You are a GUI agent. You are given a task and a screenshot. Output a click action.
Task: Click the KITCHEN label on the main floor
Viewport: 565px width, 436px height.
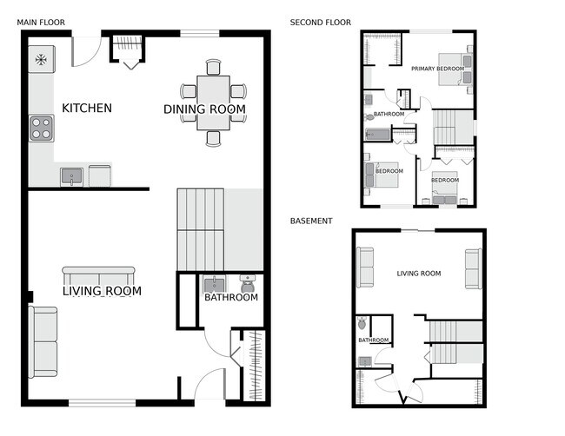point(86,109)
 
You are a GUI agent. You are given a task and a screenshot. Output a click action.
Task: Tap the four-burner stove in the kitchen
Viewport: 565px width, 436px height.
point(41,128)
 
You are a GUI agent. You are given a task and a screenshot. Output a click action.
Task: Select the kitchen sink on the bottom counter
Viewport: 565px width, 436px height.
point(72,177)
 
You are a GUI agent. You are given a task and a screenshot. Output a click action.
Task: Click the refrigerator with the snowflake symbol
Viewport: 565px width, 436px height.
point(40,60)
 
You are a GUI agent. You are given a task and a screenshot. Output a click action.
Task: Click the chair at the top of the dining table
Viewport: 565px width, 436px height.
point(213,66)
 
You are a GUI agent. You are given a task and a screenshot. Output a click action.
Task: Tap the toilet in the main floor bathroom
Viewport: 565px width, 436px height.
point(246,283)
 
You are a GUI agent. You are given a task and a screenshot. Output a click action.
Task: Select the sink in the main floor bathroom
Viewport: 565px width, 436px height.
point(213,285)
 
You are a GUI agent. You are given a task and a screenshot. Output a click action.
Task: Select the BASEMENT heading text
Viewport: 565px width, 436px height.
point(311,221)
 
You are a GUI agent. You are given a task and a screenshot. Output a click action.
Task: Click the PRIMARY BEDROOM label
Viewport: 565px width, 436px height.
point(437,68)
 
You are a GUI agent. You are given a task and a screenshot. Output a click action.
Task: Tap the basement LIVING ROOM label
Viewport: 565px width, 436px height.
point(418,274)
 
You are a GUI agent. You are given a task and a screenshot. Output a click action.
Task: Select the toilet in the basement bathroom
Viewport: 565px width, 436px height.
point(362,325)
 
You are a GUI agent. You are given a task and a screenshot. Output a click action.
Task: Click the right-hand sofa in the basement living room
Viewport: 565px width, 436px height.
point(473,268)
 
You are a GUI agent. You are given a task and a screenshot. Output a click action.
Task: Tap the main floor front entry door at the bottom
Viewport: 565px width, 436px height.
point(209,386)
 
